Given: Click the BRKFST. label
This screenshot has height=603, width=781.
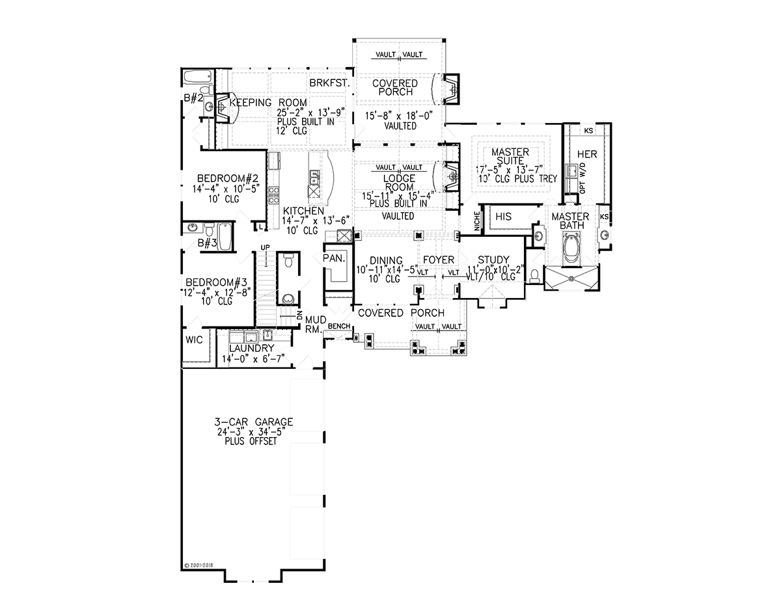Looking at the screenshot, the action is (x=329, y=83).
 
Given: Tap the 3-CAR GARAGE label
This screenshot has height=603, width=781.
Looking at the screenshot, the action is (x=254, y=422).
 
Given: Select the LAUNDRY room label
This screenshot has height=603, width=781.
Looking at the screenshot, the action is (x=252, y=348).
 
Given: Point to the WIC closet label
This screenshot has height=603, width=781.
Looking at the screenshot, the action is (x=194, y=340).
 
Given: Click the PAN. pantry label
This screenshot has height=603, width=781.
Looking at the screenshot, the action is (x=334, y=258).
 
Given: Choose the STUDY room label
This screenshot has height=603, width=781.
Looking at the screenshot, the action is (x=493, y=260).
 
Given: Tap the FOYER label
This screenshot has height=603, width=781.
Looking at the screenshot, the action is (x=439, y=260).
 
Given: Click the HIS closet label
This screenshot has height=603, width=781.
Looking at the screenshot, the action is (x=503, y=216).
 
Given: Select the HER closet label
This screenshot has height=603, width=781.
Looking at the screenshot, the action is (x=587, y=154).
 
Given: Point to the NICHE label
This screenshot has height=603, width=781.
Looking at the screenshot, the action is (x=477, y=221).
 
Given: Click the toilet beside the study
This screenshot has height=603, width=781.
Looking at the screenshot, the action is (x=534, y=276).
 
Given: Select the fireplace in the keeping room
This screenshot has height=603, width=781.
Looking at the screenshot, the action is (x=223, y=107).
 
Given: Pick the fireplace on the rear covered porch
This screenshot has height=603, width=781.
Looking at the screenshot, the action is (x=451, y=89).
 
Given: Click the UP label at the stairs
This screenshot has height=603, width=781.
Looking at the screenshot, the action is (x=266, y=247).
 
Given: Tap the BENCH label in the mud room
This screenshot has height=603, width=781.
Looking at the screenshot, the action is (x=339, y=326).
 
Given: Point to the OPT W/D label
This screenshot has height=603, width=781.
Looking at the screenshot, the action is (x=582, y=178).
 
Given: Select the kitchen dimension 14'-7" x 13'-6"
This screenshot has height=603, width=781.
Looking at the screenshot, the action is (x=316, y=220).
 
